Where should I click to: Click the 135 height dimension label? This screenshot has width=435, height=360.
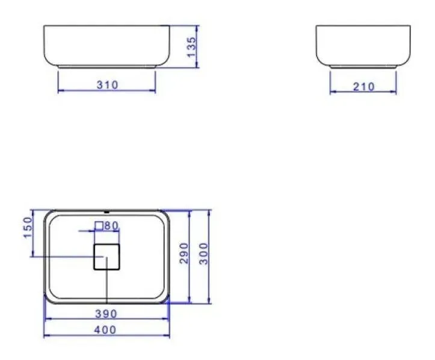(x=191, y=47)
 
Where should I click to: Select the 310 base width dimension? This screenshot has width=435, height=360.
(x=107, y=85)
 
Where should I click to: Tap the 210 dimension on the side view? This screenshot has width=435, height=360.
(x=363, y=87)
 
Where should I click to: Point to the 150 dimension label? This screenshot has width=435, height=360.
(x=28, y=228)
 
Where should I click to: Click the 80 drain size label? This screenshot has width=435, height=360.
(x=111, y=225)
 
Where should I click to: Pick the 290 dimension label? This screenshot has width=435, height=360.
(x=184, y=253)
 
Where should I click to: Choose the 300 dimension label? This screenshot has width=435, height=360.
(x=203, y=254)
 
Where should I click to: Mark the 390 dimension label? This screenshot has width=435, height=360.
(x=106, y=314)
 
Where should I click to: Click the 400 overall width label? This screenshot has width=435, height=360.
(x=105, y=330)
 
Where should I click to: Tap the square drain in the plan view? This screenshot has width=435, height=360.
(x=107, y=257)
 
